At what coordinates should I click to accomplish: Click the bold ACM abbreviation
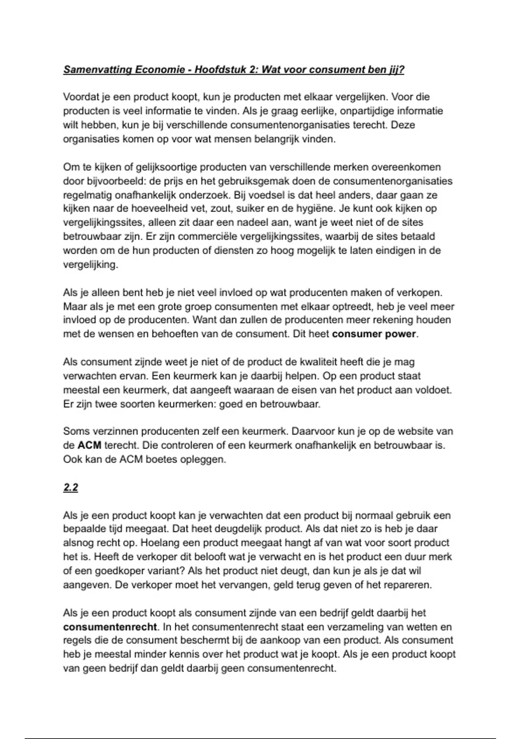coord(89,446)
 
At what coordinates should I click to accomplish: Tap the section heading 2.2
coord(70,488)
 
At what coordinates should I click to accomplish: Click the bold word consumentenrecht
coord(110,627)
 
